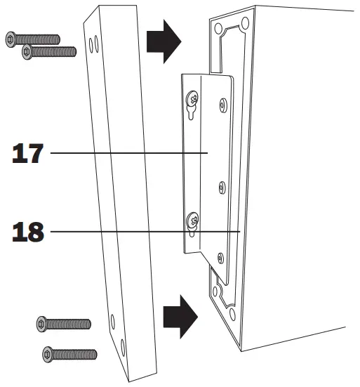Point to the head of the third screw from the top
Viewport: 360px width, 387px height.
point(41,324)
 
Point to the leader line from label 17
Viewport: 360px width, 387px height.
point(126,153)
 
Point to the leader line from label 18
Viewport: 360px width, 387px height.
point(140,230)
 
